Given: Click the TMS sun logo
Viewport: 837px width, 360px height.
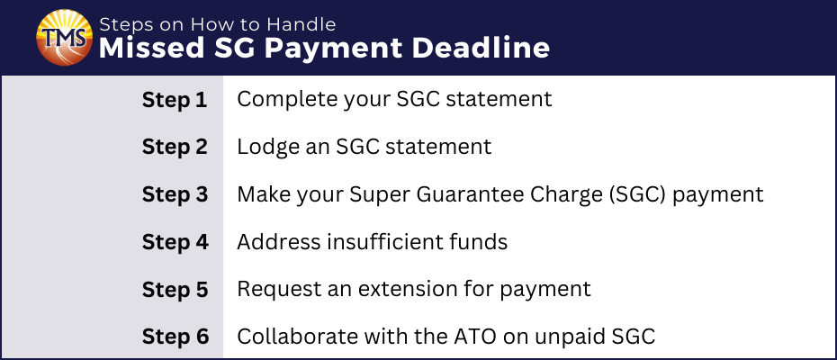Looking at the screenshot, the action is [x=64, y=38].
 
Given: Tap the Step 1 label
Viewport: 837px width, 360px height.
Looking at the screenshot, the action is [x=175, y=101].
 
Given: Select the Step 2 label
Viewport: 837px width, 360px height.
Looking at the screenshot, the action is [x=175, y=148].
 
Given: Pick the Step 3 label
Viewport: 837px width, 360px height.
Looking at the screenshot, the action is [x=175, y=195].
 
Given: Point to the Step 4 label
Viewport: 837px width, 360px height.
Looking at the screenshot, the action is [x=175, y=242].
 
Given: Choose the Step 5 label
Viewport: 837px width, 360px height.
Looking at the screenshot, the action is [x=175, y=290].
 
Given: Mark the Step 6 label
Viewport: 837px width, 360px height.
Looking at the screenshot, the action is [x=175, y=337].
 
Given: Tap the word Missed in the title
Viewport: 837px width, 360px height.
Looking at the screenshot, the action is [x=152, y=48].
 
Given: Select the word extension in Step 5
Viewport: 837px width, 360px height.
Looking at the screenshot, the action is [x=407, y=290].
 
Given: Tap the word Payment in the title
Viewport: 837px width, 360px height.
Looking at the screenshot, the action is [x=333, y=49].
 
